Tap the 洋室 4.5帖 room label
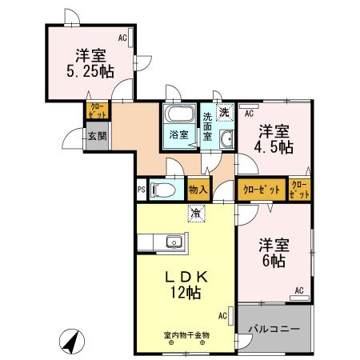[274, 139]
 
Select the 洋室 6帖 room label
[274, 252]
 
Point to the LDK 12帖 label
[186, 283]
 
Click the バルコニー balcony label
[273, 328]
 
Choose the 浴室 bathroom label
[178, 134]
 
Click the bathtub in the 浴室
[178, 114]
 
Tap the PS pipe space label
[141, 190]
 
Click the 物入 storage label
[198, 190]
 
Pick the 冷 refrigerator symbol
[195, 213]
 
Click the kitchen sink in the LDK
[172, 242]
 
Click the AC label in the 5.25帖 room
[123, 38]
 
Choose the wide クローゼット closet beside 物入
[261, 190]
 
